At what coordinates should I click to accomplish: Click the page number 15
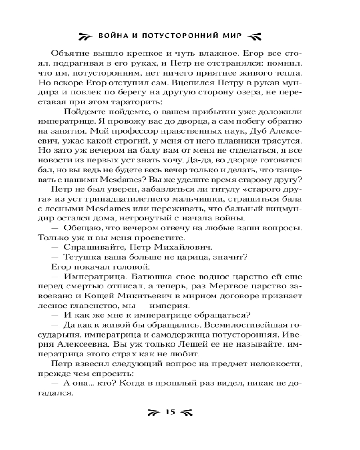pyautogui.click(x=171, y=412)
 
